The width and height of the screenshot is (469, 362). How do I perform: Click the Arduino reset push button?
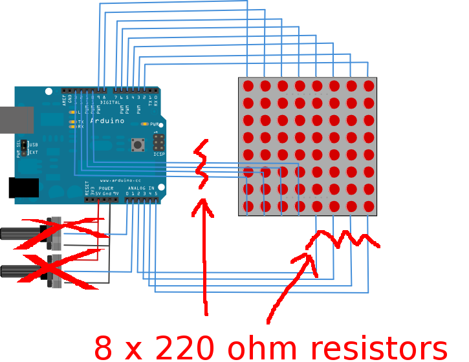coord(138,145)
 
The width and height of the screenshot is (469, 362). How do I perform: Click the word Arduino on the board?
coord(107,121)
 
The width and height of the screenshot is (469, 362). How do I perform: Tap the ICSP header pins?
coord(158,142)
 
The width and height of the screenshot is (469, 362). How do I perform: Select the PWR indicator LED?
coord(144,124)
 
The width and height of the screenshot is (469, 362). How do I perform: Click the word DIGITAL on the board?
coord(111,102)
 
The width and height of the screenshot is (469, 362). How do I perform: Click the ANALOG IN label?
coord(141,188)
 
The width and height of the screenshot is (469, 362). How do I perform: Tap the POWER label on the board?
coord(106,188)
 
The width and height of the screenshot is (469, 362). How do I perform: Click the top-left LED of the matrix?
coord(248,85)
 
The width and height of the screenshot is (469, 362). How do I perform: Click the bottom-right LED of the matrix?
coord(369,206)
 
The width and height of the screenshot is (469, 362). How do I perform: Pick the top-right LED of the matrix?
coord(369,85)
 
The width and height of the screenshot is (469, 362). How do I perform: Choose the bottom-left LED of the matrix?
coord(248,206)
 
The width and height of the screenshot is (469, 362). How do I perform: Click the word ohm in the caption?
coord(259,347)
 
